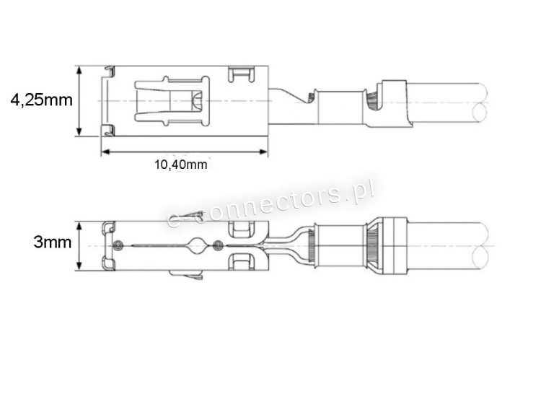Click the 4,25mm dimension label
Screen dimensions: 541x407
[x=41, y=100]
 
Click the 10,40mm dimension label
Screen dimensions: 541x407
[x=181, y=165]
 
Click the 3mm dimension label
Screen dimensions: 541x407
[x=53, y=242]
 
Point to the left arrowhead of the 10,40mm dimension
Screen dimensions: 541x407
[x=105, y=152]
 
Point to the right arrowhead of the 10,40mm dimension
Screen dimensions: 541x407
[x=263, y=152]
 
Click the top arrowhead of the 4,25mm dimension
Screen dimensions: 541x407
[x=79, y=70]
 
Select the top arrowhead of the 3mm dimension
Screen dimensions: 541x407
[x=79, y=226]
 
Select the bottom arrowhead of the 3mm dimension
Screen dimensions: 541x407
[x=79, y=265]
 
